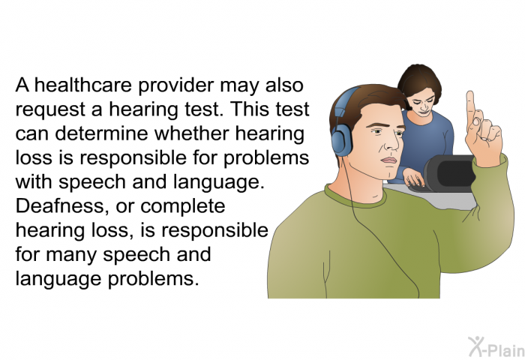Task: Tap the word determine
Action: click(101, 133)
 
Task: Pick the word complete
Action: click(183, 207)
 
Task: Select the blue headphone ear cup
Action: click(340, 143)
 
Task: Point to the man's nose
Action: click(391, 142)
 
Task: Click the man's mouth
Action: click(388, 160)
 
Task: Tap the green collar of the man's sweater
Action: click(355, 198)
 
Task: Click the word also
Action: click(284, 85)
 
